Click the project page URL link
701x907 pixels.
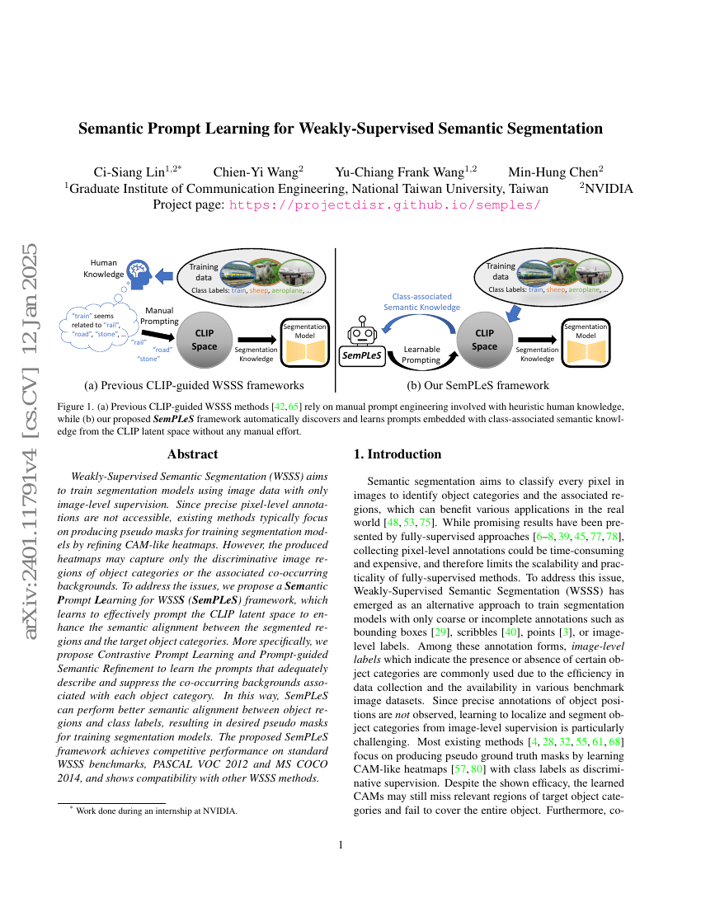[x=384, y=204]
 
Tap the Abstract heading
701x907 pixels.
[x=192, y=453]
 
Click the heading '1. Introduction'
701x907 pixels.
[x=398, y=454]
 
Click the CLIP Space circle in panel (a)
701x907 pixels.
[x=204, y=339]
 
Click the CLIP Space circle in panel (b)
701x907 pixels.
[x=484, y=339]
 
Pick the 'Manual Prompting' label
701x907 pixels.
[x=159, y=316]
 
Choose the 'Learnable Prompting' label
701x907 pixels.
[x=421, y=355]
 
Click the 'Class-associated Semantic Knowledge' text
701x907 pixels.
[x=421, y=301]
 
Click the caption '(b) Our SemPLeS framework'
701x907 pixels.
[x=478, y=385]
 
